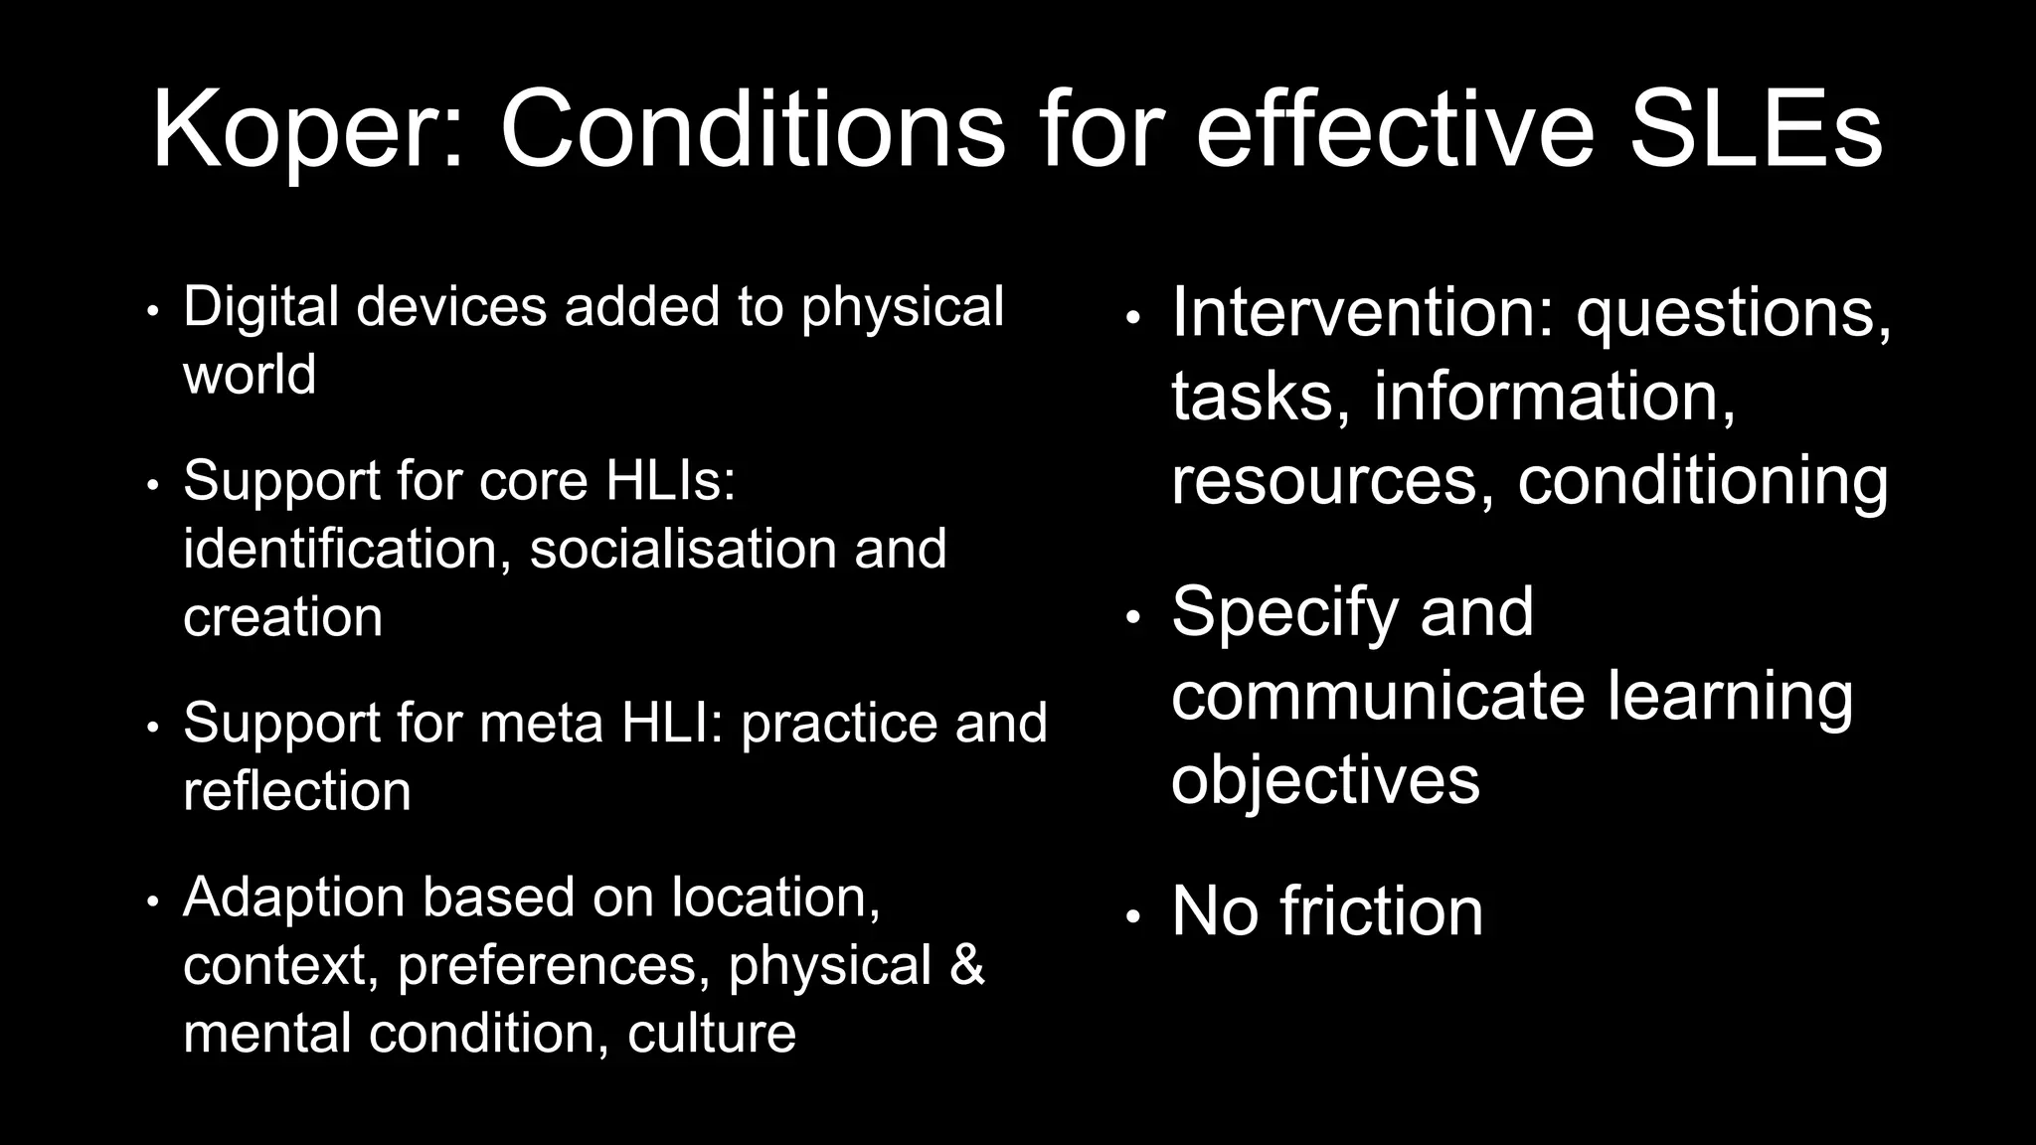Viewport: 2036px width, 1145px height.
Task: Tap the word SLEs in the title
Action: (x=1755, y=130)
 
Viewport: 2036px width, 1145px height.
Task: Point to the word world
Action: (x=250, y=375)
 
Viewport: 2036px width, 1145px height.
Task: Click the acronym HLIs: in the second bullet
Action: (x=670, y=481)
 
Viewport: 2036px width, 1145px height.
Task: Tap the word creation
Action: (x=282, y=617)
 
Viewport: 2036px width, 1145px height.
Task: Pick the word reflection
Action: (x=296, y=791)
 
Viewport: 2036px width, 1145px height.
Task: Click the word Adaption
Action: (x=293, y=898)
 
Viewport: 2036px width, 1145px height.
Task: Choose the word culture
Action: (x=712, y=1034)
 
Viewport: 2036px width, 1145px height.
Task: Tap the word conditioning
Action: (x=1702, y=481)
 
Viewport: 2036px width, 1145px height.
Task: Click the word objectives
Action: (x=1325, y=779)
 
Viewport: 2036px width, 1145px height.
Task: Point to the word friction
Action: (x=1381, y=911)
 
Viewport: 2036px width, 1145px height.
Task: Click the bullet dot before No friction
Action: (x=1132, y=916)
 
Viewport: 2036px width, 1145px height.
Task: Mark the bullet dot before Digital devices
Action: (x=152, y=311)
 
